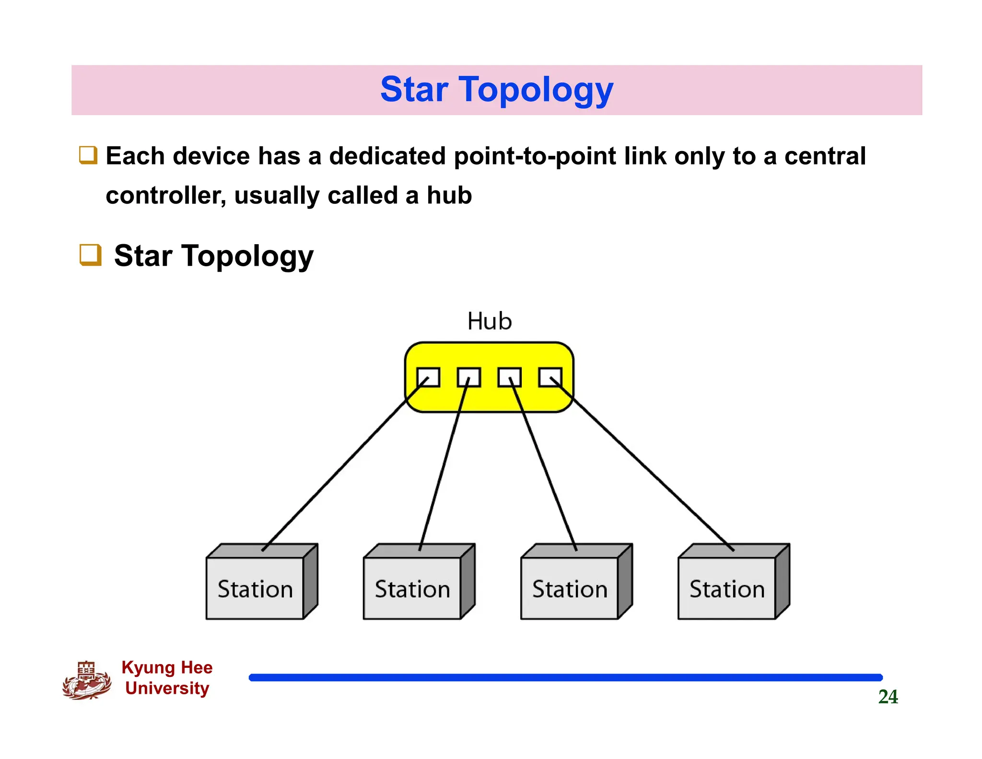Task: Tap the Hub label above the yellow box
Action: (490, 321)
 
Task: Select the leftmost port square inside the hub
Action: (428, 377)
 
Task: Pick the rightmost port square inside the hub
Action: (550, 377)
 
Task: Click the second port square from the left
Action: (468, 377)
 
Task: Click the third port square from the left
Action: (509, 377)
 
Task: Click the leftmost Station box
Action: (255, 588)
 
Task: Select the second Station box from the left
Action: (412, 588)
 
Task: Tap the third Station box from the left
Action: (570, 588)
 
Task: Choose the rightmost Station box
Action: (727, 588)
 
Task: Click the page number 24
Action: (888, 697)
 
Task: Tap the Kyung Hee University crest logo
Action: (86, 680)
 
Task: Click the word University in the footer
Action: (167, 688)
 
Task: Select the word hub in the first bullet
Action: (449, 195)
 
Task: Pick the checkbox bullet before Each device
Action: (88, 155)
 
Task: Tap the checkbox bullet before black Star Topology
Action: (90, 255)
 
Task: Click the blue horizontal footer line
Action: (566, 677)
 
